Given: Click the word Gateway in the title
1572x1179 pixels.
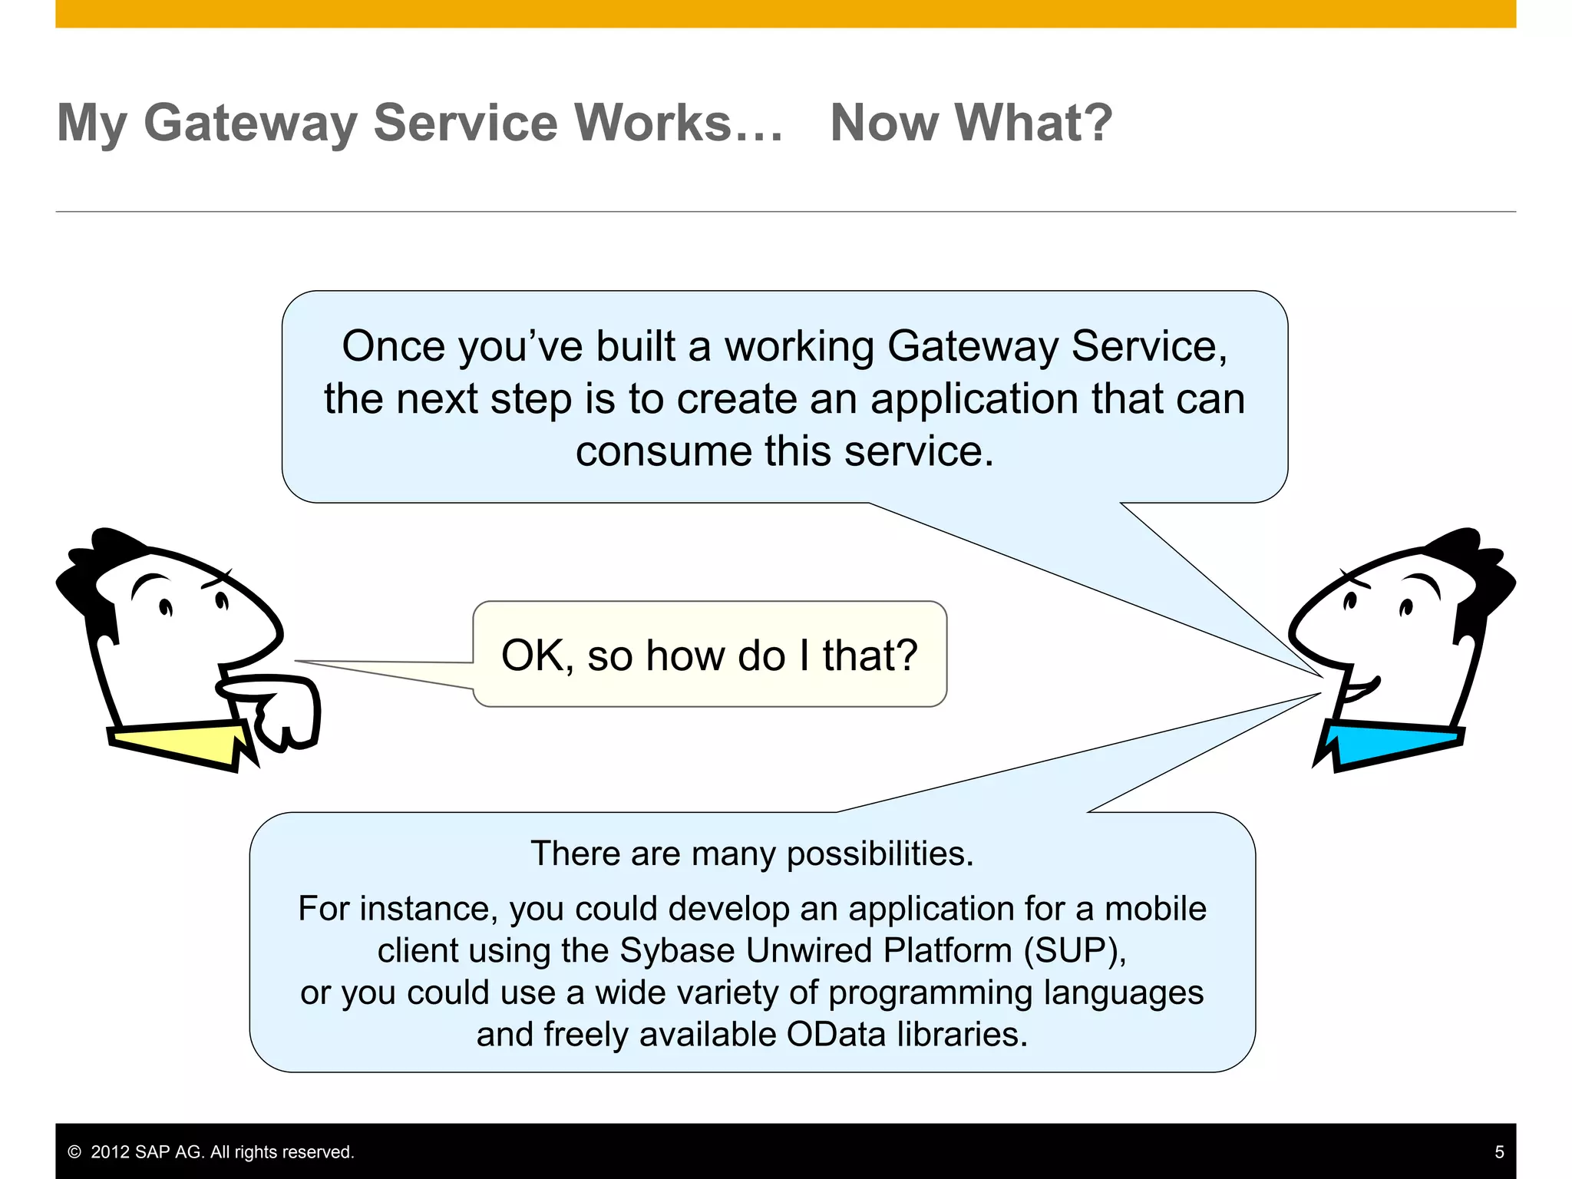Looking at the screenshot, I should coord(250,123).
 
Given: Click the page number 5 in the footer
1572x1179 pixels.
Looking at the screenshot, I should coord(1499,1151).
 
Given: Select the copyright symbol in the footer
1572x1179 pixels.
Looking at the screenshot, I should coord(74,1152).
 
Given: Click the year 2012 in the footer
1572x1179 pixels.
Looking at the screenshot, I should coord(110,1152).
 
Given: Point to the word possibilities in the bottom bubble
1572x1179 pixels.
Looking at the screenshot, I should coord(880,854).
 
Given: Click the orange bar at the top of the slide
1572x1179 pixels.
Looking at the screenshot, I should coord(785,13).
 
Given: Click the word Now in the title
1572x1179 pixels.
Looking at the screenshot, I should coord(884,123).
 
